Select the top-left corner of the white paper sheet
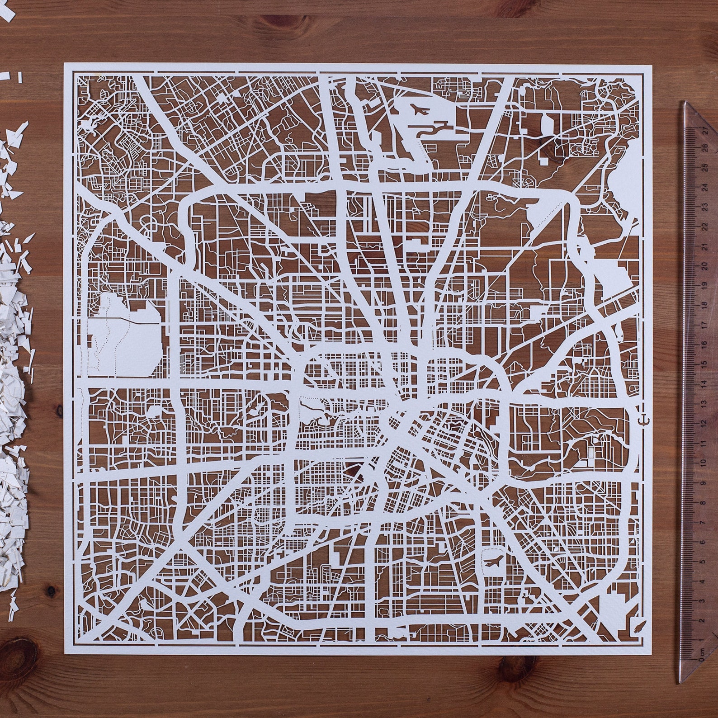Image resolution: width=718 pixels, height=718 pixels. (64, 63)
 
